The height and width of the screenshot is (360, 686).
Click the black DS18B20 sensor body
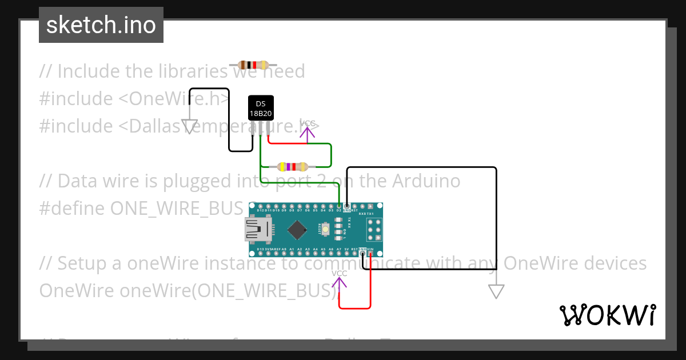261,108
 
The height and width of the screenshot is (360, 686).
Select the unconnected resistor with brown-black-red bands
253,65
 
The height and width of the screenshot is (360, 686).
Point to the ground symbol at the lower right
496,291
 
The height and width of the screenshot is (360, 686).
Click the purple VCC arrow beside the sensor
308,134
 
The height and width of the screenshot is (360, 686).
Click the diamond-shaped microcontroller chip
297,230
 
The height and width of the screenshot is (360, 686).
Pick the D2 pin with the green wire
339,206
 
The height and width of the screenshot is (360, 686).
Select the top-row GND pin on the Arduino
346,206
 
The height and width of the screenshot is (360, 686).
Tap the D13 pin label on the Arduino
261,250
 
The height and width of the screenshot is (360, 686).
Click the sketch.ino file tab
101,25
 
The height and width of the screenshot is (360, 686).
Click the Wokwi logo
607,315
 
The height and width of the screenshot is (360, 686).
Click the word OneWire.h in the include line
180,98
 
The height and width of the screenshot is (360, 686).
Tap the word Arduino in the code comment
426,181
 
